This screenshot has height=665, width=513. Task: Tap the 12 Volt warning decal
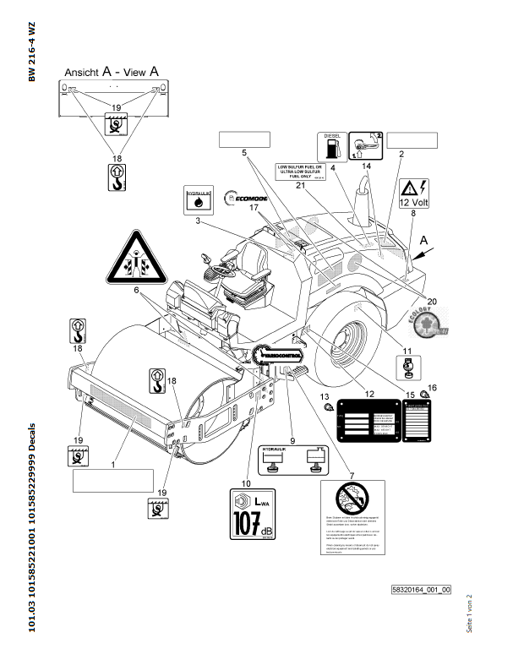click(417, 194)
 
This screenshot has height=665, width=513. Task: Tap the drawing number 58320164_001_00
click(420, 589)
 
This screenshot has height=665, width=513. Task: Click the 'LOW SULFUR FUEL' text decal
click(301, 172)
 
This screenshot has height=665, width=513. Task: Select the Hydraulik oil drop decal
click(198, 201)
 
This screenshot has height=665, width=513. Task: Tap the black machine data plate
click(368, 420)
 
